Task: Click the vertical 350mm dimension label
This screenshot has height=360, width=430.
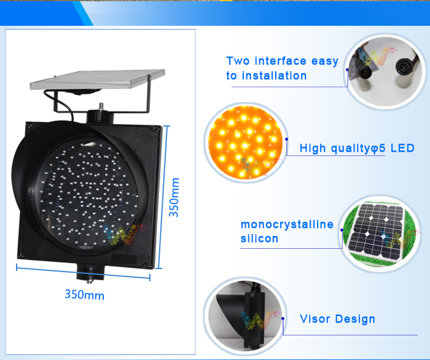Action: coord(174,197)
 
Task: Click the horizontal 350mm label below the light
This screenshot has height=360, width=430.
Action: coord(85,295)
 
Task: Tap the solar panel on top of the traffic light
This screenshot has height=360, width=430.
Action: coord(97,79)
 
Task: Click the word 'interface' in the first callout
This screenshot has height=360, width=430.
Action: coord(280,61)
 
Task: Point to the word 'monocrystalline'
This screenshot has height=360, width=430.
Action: coord(287,224)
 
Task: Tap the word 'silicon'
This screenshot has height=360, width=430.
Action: coord(259,238)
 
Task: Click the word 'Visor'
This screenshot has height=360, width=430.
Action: coord(315,319)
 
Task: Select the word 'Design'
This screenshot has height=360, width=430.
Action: coord(355,319)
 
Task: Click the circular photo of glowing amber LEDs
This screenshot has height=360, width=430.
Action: coord(246,142)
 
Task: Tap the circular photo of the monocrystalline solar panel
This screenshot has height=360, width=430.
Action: coord(380,233)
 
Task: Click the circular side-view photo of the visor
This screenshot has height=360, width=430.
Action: coord(245,316)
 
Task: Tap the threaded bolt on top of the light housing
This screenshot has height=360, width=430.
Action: coord(101,106)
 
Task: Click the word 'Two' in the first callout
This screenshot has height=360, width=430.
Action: coord(238,61)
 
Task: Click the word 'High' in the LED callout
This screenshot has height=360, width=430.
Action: coord(313,148)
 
